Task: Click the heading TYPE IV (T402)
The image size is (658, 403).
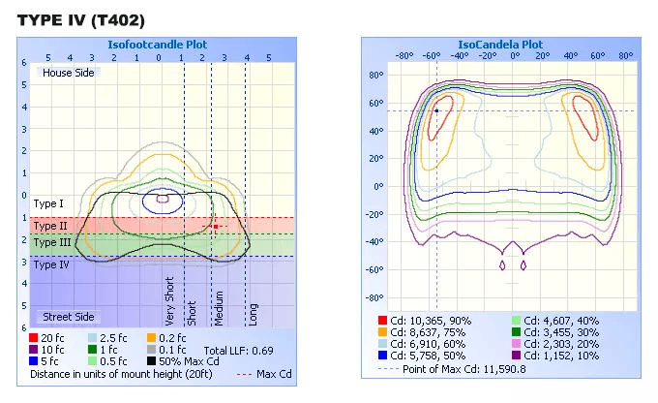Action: point(81,20)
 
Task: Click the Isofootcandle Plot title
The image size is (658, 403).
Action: point(158,45)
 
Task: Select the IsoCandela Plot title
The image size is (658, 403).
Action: point(500,45)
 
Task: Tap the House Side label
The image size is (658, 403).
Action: point(69,73)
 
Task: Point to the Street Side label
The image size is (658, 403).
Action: point(69,317)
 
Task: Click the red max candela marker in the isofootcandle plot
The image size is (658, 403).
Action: point(216,227)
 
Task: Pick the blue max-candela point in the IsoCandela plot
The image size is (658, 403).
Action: point(436,111)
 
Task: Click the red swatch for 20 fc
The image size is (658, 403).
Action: point(34,338)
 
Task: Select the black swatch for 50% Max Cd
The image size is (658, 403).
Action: point(152,361)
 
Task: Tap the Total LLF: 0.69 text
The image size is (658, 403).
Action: point(238,351)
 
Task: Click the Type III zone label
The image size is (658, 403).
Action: point(52,242)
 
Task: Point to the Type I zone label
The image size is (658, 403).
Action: point(48,203)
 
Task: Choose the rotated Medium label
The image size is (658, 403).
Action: point(219,308)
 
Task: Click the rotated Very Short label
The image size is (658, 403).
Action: point(169,301)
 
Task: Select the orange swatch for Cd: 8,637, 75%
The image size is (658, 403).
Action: point(382,332)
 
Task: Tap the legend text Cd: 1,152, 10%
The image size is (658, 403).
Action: point(561,356)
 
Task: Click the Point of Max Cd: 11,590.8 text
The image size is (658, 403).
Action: point(464,369)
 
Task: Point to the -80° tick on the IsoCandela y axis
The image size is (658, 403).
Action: point(376,298)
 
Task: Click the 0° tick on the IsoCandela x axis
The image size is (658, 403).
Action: point(516,56)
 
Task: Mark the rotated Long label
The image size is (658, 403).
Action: point(253,314)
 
